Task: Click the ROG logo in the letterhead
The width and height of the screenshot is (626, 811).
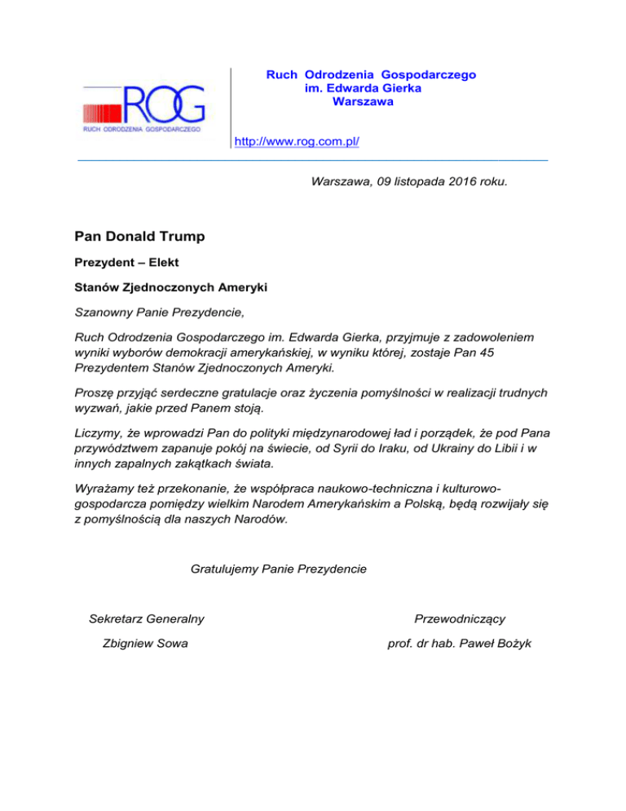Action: [x=143, y=107]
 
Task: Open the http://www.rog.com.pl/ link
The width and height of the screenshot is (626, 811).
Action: [x=297, y=142]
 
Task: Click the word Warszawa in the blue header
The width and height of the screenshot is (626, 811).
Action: [x=364, y=102]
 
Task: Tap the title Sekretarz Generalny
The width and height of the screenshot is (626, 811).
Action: [x=146, y=619]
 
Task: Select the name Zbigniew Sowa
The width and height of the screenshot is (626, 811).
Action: [x=145, y=643]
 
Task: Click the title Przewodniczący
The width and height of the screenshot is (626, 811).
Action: [x=465, y=619]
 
